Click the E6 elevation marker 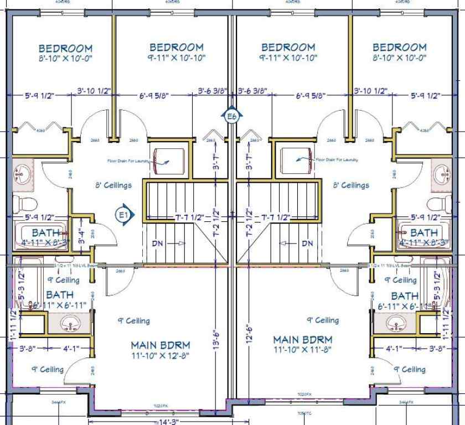point(232,116)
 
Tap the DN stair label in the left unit point(158,243)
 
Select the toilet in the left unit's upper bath point(24,203)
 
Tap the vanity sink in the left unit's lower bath point(70,323)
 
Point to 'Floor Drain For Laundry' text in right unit point(336,160)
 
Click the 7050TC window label point(304,412)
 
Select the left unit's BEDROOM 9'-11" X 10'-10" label point(176,52)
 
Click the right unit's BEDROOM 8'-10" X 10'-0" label point(399,52)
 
